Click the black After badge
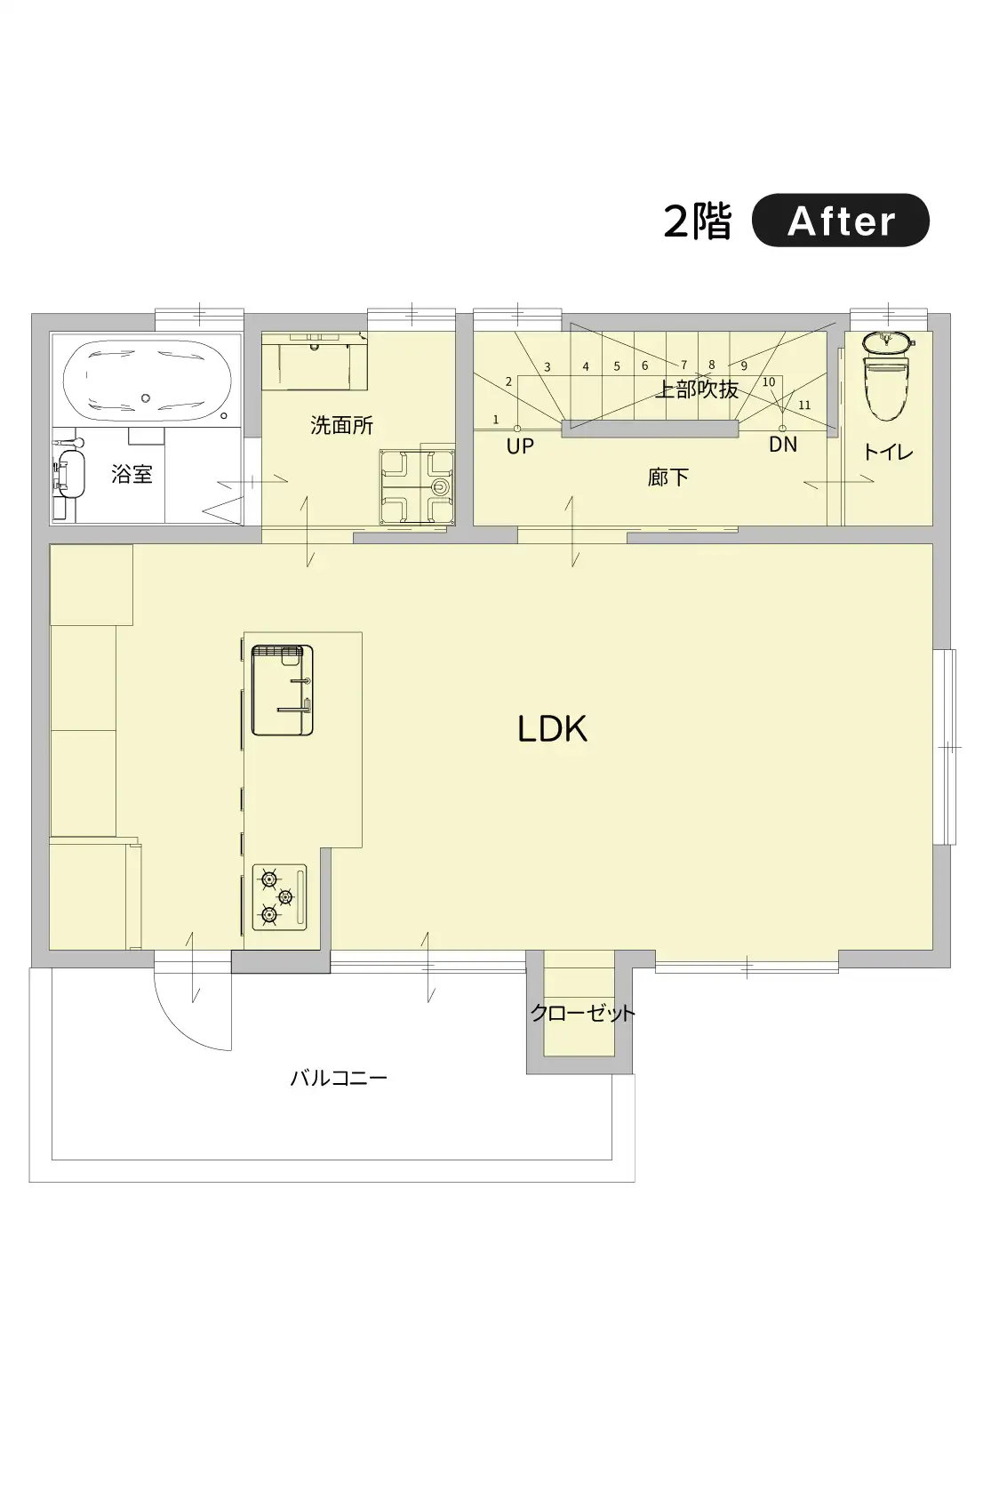tap(840, 221)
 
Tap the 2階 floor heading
tap(698, 221)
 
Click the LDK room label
tap(552, 729)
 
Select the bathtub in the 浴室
tap(147, 381)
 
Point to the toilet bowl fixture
tap(887, 375)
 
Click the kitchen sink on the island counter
tap(283, 690)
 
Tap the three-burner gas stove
tap(280, 897)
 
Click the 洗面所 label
tap(342, 425)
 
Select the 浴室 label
tap(132, 474)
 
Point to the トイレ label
tap(888, 452)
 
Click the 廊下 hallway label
tap(667, 477)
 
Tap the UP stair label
tap(520, 446)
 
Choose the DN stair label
tap(782, 445)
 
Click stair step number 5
tap(617, 366)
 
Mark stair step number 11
tap(804, 405)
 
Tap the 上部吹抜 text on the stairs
tap(696, 389)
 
